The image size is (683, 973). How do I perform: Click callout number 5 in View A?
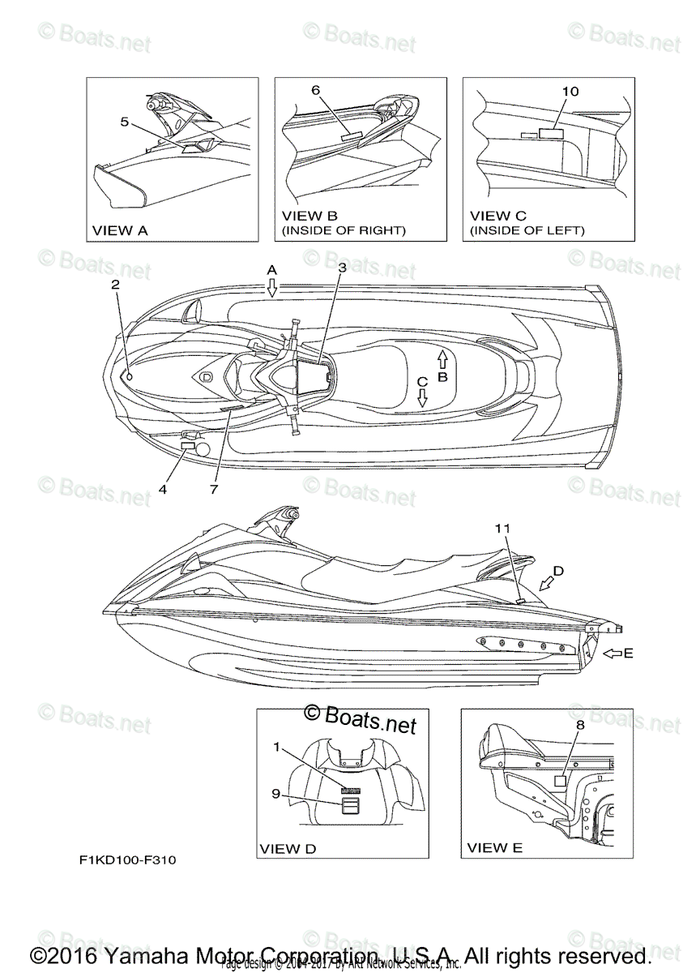[124, 122]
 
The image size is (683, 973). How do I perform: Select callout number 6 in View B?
[315, 91]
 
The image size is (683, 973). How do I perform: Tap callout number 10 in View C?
[570, 92]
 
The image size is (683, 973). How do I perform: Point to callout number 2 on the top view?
[115, 285]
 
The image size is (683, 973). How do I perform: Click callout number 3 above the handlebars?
[343, 267]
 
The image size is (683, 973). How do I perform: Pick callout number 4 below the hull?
[163, 490]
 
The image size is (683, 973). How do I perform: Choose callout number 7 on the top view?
[215, 490]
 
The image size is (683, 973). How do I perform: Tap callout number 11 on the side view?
[502, 528]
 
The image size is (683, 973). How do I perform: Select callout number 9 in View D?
[275, 795]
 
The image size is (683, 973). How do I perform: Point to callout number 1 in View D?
[277, 748]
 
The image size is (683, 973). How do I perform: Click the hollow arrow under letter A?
[272, 286]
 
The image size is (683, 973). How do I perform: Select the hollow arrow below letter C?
[422, 397]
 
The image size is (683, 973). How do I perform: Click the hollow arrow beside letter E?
[613, 651]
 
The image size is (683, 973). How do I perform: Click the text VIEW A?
[120, 231]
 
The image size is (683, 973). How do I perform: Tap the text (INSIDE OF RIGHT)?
[344, 231]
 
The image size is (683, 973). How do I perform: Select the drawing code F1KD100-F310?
[128, 860]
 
